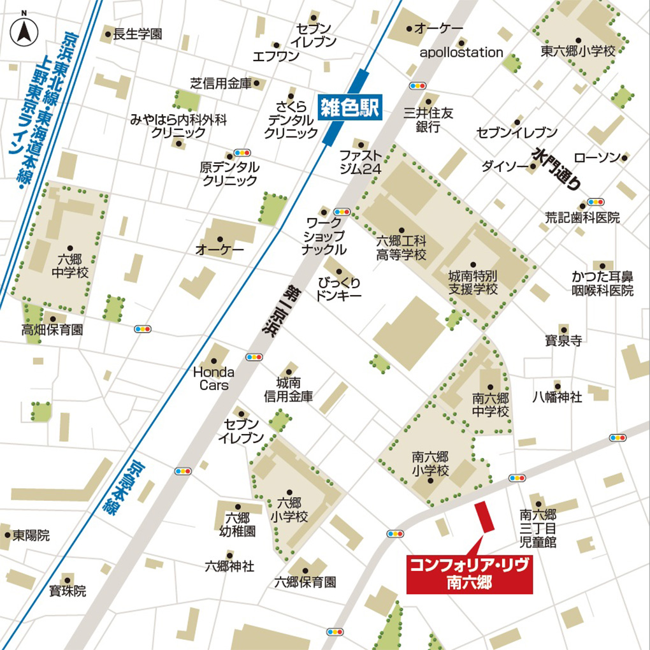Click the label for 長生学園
pos(137,34)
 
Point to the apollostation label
pos(461,52)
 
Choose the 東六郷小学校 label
pos(579,51)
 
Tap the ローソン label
pos(596,157)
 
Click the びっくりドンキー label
pos(339,289)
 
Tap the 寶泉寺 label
pos(563,340)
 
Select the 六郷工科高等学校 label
pos(401,247)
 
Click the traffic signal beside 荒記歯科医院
pos(596,201)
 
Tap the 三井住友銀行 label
pos(429,120)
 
